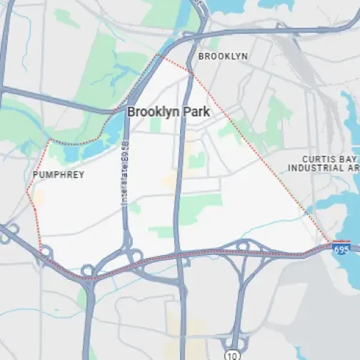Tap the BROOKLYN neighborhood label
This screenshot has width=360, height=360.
223,56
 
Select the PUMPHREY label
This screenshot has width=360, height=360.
59,174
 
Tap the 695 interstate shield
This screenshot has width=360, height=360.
341,247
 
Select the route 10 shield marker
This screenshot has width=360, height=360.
231,354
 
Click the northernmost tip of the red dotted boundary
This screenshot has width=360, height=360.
160,54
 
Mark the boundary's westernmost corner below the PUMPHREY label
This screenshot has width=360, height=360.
27,191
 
